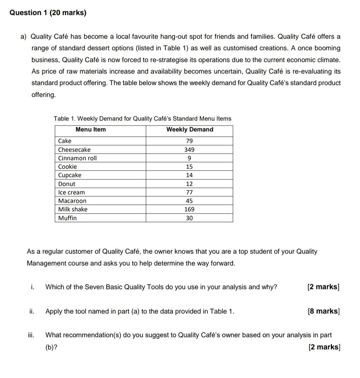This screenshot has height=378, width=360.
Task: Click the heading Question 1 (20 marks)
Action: tap(48, 13)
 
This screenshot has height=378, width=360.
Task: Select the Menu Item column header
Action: tap(90, 130)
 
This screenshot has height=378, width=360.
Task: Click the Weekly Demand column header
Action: tap(189, 130)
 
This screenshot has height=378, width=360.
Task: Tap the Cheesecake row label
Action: tap(74, 150)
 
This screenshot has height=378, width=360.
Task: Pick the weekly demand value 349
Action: tap(189, 150)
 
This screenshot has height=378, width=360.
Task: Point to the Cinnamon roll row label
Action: tap(77, 158)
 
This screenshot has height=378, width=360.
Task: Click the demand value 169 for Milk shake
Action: tap(189, 209)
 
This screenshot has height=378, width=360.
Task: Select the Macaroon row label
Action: tap(72, 201)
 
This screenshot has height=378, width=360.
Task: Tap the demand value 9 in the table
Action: tap(189, 158)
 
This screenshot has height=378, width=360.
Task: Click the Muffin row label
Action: tap(67, 218)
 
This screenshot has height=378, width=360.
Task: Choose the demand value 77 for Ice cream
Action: tap(189, 193)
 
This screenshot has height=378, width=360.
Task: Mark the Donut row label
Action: tap(67, 184)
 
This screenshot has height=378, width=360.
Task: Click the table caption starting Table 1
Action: tap(142, 119)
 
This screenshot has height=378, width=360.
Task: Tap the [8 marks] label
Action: tap(323, 311)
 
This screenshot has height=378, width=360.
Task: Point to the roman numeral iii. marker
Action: tap(31, 335)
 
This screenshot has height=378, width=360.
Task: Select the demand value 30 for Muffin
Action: tap(189, 218)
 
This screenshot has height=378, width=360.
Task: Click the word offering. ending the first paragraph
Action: tap(43, 95)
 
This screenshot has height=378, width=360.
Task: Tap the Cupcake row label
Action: tap(70, 175)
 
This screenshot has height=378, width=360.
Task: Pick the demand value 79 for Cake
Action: tap(189, 141)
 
